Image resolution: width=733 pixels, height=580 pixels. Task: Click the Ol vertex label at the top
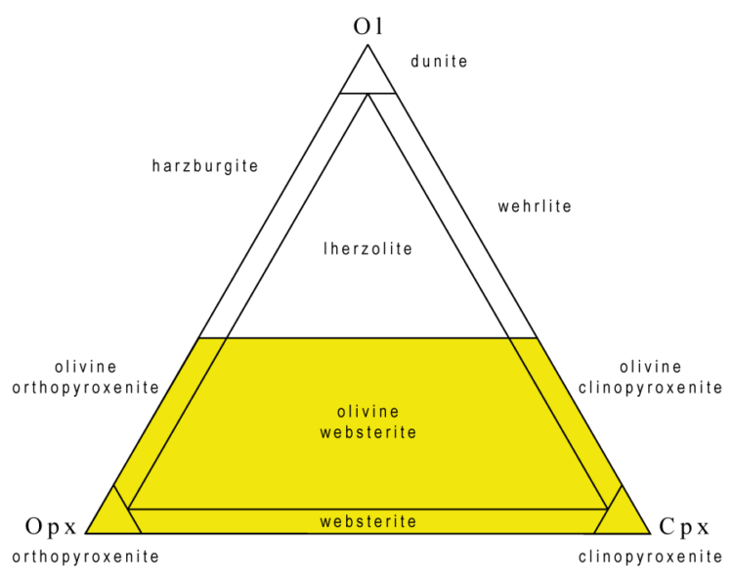point(366,25)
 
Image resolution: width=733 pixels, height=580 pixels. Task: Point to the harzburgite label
point(205,166)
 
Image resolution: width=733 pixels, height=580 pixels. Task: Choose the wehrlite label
point(535,206)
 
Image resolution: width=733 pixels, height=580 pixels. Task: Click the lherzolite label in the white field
point(367,248)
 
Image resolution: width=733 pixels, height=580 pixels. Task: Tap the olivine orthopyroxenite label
point(85,377)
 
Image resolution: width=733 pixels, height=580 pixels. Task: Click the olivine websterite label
point(367,422)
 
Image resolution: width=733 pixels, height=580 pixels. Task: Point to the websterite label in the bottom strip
point(367,521)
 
